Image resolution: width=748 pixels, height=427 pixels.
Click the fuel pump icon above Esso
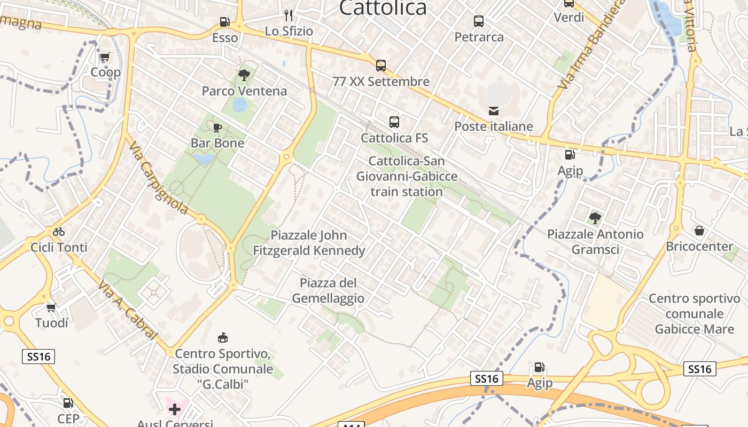[x=225, y=22]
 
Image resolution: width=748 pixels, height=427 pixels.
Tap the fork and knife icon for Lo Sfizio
[x=289, y=15]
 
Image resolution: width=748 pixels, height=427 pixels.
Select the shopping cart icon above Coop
[x=105, y=57]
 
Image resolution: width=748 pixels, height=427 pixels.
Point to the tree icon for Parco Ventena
[x=244, y=75]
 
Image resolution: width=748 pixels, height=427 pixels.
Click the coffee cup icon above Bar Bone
[x=217, y=128]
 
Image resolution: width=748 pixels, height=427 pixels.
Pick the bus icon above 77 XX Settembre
[x=381, y=66]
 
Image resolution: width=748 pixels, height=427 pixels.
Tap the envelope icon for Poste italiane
[x=494, y=111]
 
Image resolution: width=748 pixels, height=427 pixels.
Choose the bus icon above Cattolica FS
[x=394, y=122]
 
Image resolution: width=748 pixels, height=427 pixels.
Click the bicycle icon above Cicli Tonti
[x=59, y=232]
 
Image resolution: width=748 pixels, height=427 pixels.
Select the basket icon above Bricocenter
[x=699, y=231]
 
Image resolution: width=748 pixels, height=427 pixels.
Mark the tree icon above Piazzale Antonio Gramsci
[x=595, y=218]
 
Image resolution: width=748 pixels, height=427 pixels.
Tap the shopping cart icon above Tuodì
[x=51, y=307]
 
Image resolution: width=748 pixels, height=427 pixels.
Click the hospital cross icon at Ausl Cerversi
[x=174, y=410]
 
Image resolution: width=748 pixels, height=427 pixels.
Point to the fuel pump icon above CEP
[x=68, y=403]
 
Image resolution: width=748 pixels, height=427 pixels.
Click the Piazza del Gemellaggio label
[x=328, y=290]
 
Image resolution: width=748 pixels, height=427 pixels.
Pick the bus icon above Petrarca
[x=479, y=21]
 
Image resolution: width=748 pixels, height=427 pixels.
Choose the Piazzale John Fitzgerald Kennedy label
[x=309, y=243]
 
